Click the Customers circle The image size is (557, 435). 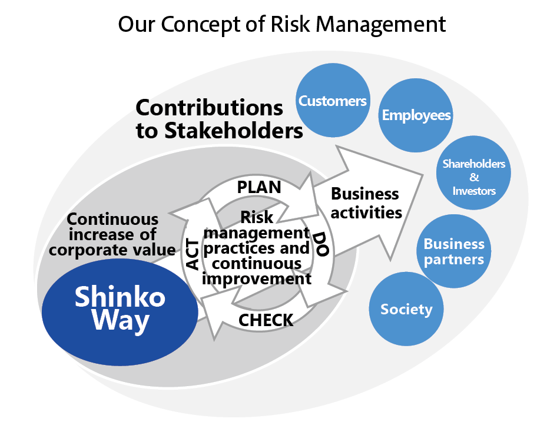(333, 101)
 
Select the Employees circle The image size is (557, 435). (416, 115)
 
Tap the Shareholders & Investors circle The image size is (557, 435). (474, 175)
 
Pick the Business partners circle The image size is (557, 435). (454, 251)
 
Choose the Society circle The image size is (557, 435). (406, 309)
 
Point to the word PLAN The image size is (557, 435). (258, 187)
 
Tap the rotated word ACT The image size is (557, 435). (193, 255)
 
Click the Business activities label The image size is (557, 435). (366, 202)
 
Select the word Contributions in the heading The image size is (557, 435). (209, 108)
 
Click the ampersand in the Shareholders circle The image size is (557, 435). (474, 177)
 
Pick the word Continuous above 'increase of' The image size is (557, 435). (112, 220)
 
